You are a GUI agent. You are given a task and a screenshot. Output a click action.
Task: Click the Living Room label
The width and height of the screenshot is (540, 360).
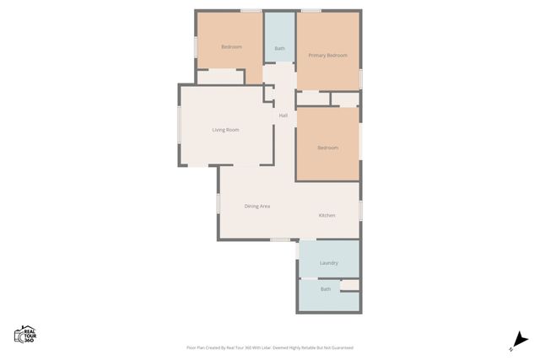tap(225, 130)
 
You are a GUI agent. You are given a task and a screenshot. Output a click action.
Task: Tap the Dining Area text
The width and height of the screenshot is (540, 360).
tap(256, 206)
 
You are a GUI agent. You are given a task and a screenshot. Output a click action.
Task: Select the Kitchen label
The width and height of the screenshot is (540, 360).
tap(327, 215)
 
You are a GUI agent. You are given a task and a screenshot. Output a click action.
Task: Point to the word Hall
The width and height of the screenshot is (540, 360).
tap(283, 116)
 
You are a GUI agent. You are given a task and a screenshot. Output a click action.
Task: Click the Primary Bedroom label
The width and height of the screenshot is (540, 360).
tap(327, 56)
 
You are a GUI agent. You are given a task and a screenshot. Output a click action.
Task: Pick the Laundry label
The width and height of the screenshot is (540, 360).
tap(328, 263)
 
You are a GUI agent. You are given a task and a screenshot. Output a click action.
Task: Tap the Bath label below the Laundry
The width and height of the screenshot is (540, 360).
tap(326, 289)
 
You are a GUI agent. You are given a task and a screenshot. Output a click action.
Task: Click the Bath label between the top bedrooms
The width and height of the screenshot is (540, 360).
tap(279, 48)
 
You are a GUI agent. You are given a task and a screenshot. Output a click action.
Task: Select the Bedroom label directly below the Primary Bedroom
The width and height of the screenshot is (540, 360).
tap(327, 148)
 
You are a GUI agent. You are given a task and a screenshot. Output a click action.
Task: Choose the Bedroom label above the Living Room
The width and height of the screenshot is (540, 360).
tap(231, 47)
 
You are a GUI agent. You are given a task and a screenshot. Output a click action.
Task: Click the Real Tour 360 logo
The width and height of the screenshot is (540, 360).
tap(24, 335)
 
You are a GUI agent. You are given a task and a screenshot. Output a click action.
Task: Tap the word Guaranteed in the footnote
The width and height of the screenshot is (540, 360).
tap(340, 347)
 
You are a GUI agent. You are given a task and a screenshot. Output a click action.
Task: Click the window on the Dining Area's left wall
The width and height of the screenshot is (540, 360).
tap(219, 204)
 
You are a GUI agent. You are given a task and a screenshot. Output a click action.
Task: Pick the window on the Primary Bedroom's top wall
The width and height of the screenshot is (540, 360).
tap(311, 11)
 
